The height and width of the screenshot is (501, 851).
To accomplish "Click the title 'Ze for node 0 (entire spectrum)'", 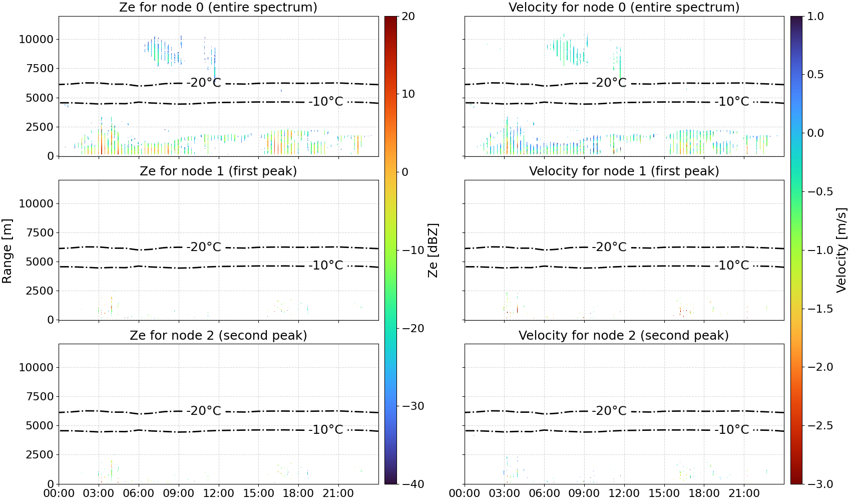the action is [218, 7].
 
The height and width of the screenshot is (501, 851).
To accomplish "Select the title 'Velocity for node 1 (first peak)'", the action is [624, 171].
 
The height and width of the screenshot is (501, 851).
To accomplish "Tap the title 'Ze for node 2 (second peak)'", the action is [218, 335].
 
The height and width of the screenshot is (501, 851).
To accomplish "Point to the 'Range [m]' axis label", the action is [7, 251].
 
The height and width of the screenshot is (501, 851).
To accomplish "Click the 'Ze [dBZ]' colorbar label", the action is [433, 250].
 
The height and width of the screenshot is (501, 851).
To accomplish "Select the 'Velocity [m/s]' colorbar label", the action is [841, 250].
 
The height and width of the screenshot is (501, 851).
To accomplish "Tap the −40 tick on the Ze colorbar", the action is [412, 484].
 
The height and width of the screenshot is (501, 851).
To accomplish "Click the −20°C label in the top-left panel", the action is [204, 83].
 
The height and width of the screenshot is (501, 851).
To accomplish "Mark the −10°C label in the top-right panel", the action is [732, 101].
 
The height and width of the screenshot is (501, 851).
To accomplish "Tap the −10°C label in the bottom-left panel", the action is [326, 429].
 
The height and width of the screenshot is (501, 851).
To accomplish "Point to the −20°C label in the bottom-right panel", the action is [609, 410].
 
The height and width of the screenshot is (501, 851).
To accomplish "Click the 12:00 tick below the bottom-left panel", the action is [218, 493].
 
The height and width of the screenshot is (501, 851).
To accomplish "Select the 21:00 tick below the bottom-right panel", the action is [744, 493].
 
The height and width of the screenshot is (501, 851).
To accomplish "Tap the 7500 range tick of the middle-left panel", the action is [40, 232].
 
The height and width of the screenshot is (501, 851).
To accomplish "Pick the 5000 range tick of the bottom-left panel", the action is [40, 426].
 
